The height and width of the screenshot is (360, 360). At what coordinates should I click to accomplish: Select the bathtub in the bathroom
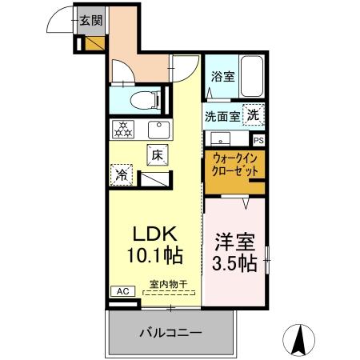point(254,78)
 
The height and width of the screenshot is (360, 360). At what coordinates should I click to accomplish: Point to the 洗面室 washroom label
point(222,116)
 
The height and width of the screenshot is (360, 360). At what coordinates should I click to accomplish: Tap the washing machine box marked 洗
point(253,114)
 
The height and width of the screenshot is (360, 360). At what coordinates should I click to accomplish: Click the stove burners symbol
point(124,128)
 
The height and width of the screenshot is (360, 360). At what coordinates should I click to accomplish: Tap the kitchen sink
point(160,128)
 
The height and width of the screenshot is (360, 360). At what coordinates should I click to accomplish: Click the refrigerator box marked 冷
point(120,174)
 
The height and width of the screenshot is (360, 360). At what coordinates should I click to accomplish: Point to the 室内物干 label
point(168,284)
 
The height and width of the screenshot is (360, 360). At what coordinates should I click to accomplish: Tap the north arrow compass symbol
point(300,339)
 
